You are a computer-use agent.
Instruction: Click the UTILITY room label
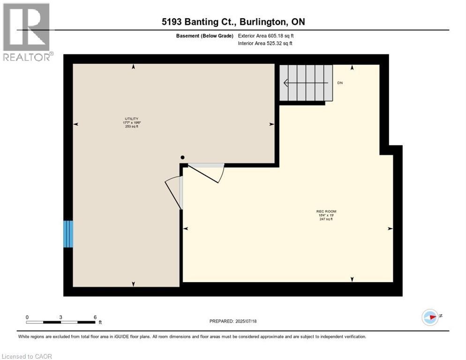coord(131,119)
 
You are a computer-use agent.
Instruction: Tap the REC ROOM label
coord(326,211)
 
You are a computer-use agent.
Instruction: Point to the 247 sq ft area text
coord(326,219)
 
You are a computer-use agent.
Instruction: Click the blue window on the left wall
coord(68,234)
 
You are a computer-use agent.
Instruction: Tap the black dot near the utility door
coord(183,158)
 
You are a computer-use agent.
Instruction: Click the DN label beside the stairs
coord(340,83)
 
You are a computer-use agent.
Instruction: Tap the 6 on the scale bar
coord(95,317)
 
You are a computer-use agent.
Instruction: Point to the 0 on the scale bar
coord(27,317)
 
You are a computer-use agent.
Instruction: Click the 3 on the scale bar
coord(61,317)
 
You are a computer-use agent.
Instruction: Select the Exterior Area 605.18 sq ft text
coord(266,36)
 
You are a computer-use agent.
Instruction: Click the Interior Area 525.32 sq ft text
coord(266,44)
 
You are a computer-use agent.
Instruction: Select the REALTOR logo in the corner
coord(27,32)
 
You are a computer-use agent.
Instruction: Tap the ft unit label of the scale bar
coord(100,322)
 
